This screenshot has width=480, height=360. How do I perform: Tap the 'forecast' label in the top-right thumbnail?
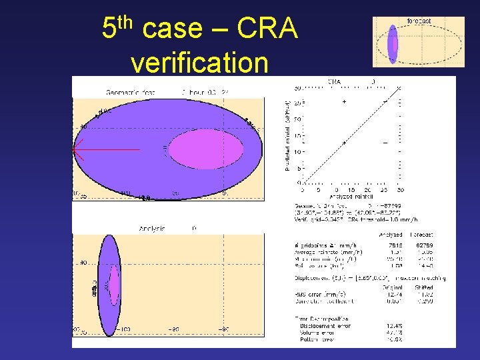[x=419, y=21]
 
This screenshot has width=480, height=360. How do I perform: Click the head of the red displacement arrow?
[x=75, y=150]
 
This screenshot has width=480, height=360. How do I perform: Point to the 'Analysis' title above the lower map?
[x=152, y=229]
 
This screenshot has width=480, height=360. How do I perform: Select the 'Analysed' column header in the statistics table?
[x=390, y=235]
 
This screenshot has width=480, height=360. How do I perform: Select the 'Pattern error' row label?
[x=317, y=338]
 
